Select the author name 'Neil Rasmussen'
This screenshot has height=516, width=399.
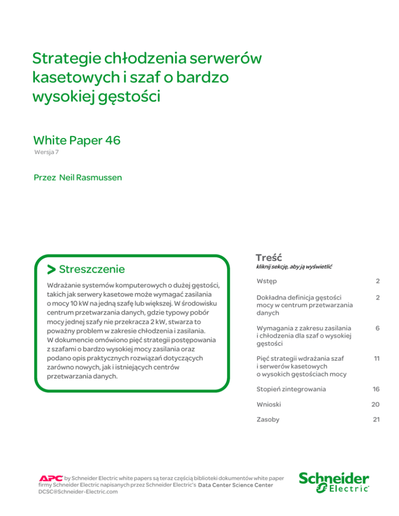click(84, 178)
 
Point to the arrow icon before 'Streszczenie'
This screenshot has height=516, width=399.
click(51, 269)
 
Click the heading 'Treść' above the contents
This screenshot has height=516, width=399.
click(269, 257)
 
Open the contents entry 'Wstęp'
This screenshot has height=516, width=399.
click(267, 281)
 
